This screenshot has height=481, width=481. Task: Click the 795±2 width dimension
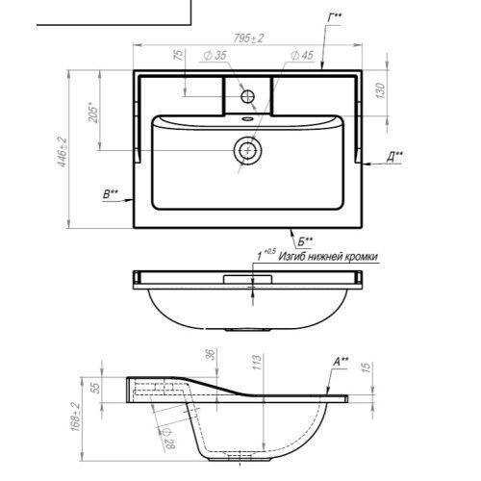tap(248, 38)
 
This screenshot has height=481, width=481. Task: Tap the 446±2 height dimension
tap(63, 152)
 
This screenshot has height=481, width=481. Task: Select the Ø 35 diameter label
tap(215, 55)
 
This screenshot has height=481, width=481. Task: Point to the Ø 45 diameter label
tap(302, 55)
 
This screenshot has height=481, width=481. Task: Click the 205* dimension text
tap(93, 113)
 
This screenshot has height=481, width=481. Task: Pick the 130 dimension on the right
tap(380, 90)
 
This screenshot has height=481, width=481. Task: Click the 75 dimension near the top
tap(180, 55)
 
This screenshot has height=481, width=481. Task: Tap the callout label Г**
tap(335, 17)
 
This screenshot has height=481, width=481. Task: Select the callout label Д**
tap(394, 157)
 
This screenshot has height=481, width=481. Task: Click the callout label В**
tap(111, 194)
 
